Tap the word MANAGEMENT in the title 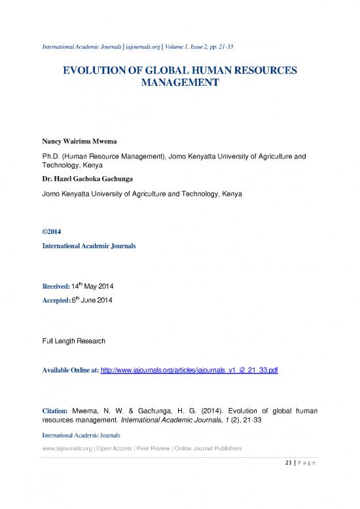[x=180, y=84]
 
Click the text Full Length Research [x=69, y=341]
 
